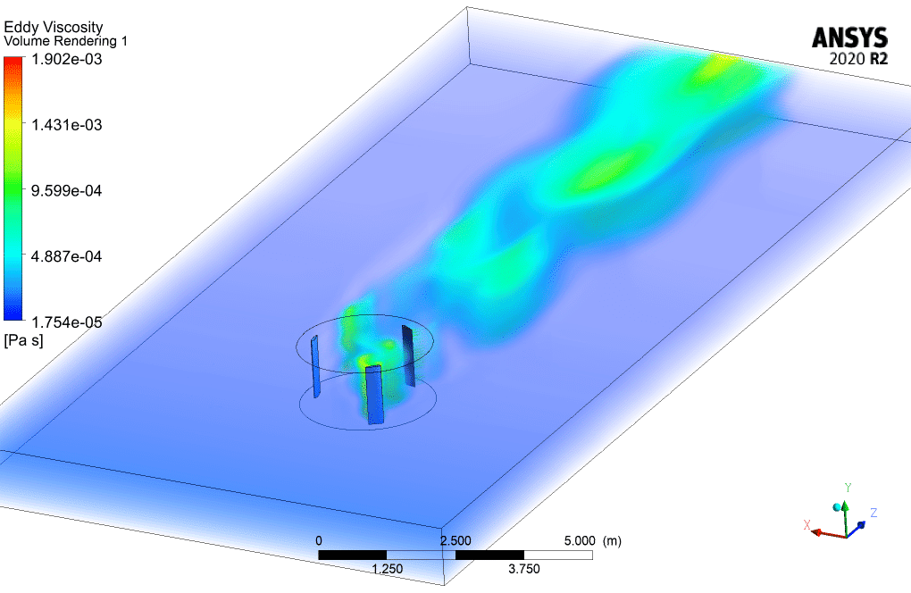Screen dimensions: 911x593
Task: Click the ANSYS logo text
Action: click(849, 38)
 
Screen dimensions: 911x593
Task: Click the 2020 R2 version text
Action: click(858, 59)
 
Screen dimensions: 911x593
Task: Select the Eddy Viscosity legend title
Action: click(54, 28)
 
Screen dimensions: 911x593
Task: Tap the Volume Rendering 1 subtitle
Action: click(66, 41)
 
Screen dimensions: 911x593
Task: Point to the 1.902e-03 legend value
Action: click(66, 59)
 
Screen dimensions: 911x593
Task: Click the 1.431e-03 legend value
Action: click(66, 125)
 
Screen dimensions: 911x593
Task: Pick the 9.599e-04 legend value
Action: click(66, 190)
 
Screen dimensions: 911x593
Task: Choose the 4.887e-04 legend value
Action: click(66, 256)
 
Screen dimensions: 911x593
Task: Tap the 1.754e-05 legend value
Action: click(66, 322)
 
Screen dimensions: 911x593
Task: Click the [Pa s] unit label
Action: click(23, 340)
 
